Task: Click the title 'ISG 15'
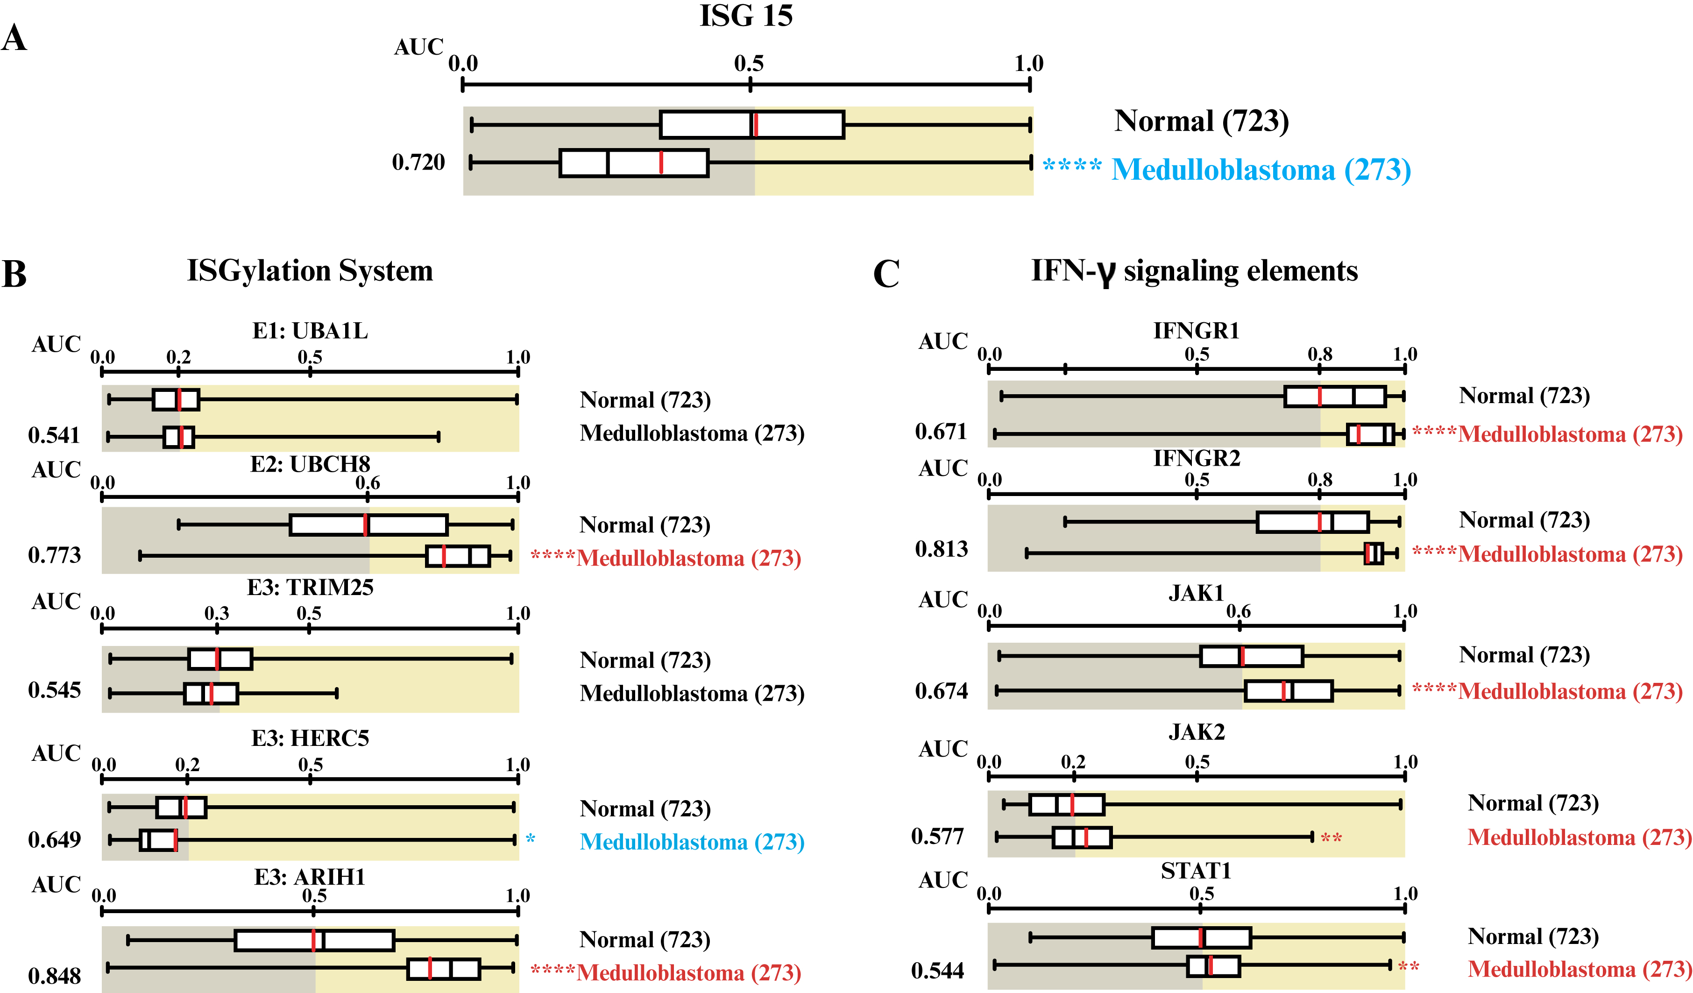tap(746, 16)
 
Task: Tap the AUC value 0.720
tap(418, 163)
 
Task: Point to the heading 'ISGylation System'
tap(310, 271)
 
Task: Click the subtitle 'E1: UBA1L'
tap(310, 331)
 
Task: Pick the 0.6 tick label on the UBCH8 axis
tap(368, 482)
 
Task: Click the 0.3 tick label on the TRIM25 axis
tap(216, 613)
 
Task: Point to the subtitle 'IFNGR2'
tap(1197, 458)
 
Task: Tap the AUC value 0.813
tap(941, 549)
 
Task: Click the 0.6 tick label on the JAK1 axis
tap(1238, 611)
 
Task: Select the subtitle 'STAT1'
tap(1196, 871)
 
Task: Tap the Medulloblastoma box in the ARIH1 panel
tap(443, 969)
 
